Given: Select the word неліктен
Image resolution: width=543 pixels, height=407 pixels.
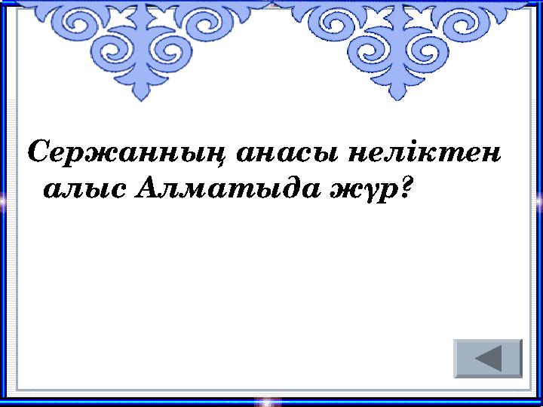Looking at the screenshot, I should click(x=426, y=154).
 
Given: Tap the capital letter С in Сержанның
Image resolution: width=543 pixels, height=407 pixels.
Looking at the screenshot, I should click(x=40, y=154).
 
